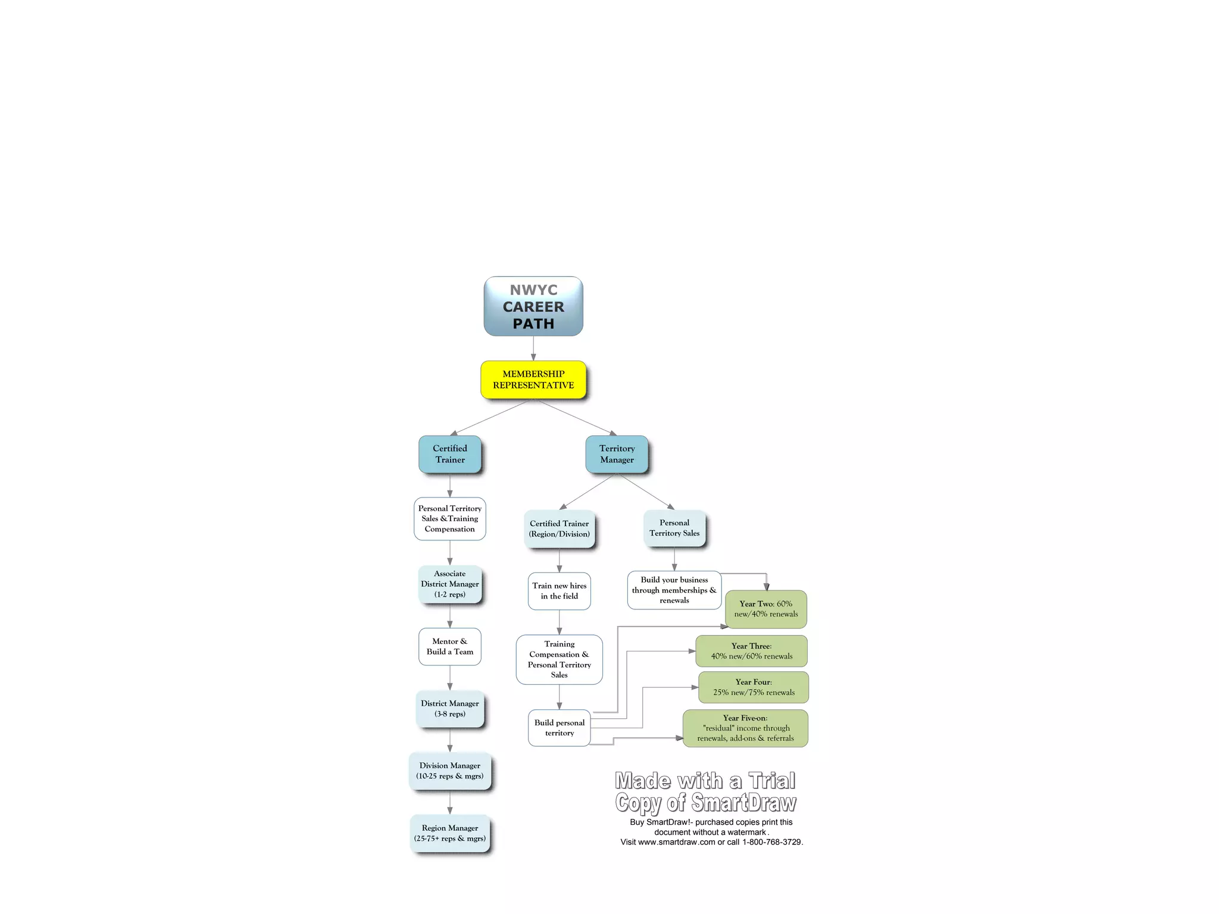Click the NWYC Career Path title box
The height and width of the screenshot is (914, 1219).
[x=533, y=306]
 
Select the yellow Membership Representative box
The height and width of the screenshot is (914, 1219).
[x=533, y=380]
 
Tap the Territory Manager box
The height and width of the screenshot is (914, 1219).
[x=617, y=454]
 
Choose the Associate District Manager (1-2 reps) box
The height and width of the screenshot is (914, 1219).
[x=449, y=584]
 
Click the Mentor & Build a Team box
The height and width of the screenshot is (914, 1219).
[x=449, y=646]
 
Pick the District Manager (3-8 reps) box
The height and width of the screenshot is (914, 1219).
[x=449, y=709]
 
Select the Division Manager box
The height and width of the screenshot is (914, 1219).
[x=449, y=771]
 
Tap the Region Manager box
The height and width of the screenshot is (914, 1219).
[x=449, y=833]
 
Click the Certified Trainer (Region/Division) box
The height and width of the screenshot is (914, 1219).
[x=559, y=528]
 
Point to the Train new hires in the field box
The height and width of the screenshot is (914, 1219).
[x=559, y=591]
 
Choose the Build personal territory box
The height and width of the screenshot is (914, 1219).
[x=559, y=728]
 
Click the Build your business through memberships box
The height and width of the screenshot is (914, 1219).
[x=674, y=590]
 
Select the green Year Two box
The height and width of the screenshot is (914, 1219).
[x=765, y=609]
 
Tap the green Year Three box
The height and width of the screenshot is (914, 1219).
[x=751, y=651]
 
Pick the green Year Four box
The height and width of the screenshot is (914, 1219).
[x=753, y=687]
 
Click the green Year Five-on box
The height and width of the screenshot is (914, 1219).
[x=745, y=728]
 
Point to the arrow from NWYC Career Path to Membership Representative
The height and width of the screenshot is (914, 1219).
[x=533, y=349]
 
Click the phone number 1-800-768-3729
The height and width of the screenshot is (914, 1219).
[x=772, y=842]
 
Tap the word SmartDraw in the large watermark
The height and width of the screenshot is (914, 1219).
[x=743, y=803]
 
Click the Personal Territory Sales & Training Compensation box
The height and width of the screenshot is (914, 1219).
[x=449, y=519]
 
